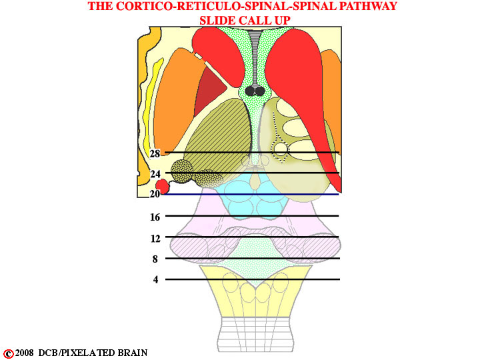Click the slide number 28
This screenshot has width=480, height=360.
pyautogui.click(x=155, y=153)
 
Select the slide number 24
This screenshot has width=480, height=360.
pyautogui.click(x=155, y=174)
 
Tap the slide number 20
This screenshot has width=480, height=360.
pyautogui.click(x=155, y=194)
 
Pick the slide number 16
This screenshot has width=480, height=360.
pyautogui.click(x=155, y=217)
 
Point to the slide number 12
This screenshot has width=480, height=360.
pyautogui.click(x=155, y=238)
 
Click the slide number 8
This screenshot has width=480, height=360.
pyautogui.click(x=155, y=259)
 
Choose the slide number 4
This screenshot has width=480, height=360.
pyautogui.click(x=156, y=279)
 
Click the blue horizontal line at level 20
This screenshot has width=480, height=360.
pyautogui.click(x=251, y=195)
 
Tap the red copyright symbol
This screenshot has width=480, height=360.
pyautogui.click(x=8, y=353)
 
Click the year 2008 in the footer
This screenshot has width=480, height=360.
pyautogui.click(x=25, y=353)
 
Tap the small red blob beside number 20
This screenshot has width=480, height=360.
pyautogui.click(x=162, y=186)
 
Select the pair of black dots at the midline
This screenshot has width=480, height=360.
pyautogui.click(x=255, y=90)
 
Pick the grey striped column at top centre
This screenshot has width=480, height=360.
pyautogui.click(x=255, y=57)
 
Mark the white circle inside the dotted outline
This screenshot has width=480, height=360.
pyautogui.click(x=280, y=149)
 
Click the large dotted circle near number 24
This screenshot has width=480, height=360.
pyautogui.click(x=182, y=171)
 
